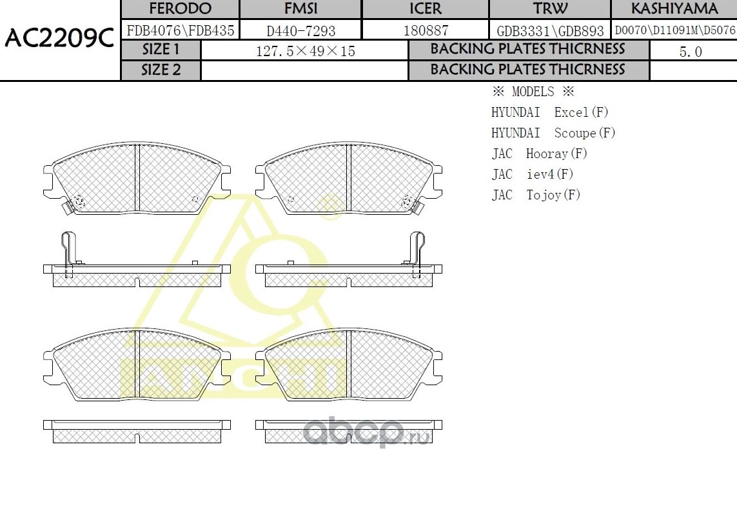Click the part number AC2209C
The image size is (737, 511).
(59, 40)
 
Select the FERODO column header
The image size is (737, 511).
(180, 9)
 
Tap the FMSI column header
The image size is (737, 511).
(300, 9)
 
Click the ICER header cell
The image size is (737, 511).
(426, 9)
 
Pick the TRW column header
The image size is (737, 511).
(550, 9)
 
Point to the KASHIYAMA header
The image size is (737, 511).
(674, 9)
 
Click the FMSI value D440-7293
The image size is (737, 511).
(300, 30)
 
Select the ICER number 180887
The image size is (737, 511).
(426, 30)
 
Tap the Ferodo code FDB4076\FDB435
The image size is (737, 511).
(181, 30)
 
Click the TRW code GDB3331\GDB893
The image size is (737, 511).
(550, 30)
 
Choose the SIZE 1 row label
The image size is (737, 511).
(161, 50)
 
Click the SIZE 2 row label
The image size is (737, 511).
(161, 70)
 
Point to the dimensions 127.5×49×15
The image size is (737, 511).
(305, 51)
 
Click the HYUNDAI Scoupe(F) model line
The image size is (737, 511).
(553, 133)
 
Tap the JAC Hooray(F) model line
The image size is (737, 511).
(540, 154)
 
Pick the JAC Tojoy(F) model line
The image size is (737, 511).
(536, 195)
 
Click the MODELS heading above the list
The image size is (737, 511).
(533, 92)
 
